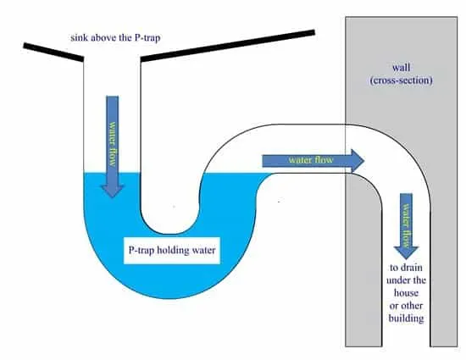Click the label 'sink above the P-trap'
click(115, 38)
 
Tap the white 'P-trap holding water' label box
click(172, 251)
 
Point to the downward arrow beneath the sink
click(113, 147)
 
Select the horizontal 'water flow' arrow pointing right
click(313, 161)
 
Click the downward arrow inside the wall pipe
click(406, 226)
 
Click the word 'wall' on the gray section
click(402, 68)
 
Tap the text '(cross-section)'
click(402, 80)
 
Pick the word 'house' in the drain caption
click(406, 293)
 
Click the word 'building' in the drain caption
click(406, 318)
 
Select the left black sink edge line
click(53, 53)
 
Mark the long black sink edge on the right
click(228, 46)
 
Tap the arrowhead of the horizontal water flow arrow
click(358, 161)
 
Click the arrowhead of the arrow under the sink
click(113, 191)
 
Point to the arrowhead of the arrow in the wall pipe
click(406, 253)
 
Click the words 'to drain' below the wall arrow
click(406, 268)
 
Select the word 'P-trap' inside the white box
click(141, 251)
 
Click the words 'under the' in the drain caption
click(406, 280)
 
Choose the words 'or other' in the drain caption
click(406, 306)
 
